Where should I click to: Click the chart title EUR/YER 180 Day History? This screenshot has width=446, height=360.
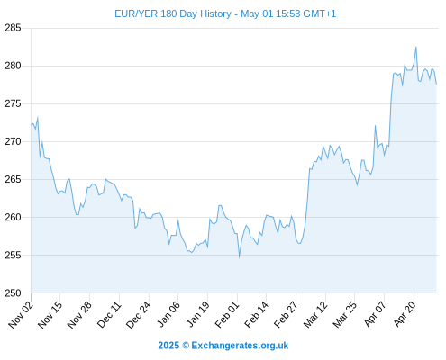(x=173, y=13)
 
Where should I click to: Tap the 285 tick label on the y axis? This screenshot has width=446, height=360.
(x=13, y=28)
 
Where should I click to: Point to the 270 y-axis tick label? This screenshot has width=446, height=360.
(x=13, y=141)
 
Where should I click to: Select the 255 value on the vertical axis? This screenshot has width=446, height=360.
(x=13, y=255)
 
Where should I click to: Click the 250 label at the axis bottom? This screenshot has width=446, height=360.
(x=13, y=293)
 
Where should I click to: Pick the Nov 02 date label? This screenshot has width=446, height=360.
(x=21, y=315)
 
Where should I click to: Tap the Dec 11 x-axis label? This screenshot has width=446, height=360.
(x=109, y=315)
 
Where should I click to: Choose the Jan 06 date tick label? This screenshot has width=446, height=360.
(x=168, y=315)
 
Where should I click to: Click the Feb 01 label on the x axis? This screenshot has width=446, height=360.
(x=227, y=315)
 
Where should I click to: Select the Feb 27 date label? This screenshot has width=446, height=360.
(x=286, y=315)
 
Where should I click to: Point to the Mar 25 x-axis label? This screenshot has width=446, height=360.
(x=344, y=315)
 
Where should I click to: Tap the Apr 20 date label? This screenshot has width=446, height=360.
(x=405, y=314)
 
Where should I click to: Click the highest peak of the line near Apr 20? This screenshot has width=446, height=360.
(x=416, y=47)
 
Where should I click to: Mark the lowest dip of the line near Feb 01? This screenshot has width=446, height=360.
(x=239, y=257)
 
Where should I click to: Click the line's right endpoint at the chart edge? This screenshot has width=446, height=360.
(x=436, y=84)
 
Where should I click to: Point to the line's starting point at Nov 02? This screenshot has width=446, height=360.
(x=32, y=124)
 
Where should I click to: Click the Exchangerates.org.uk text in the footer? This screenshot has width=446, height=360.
(x=240, y=346)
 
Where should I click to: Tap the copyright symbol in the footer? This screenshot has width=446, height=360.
(x=186, y=346)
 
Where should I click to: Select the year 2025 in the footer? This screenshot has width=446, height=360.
(x=168, y=346)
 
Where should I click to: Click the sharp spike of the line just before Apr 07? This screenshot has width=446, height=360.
(x=375, y=126)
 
